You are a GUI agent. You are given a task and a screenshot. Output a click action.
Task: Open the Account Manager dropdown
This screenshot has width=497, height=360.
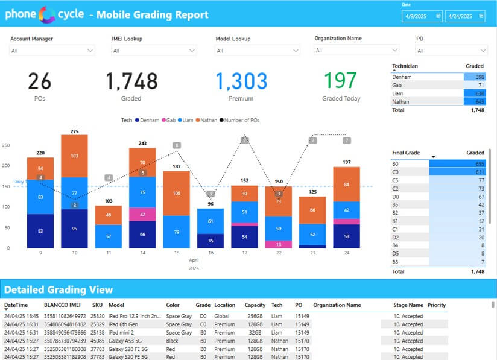point(52,51)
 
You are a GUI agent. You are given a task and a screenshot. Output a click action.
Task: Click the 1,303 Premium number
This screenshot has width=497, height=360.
point(241,81)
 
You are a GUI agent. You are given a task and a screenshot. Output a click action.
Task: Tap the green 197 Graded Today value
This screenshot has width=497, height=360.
point(340,81)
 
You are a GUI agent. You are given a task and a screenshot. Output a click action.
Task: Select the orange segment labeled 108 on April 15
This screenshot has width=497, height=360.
point(177,194)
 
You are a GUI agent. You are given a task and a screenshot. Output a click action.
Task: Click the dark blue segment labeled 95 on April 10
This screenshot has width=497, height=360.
point(74,229)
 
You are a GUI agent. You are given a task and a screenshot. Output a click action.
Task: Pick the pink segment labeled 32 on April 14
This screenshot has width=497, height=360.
point(142,214)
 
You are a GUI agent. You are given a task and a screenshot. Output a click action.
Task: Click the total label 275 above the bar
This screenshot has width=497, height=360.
point(74,131)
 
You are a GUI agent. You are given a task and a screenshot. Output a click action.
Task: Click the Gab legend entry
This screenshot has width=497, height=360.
point(170,121)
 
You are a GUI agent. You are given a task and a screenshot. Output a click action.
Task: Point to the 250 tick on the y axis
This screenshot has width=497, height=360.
point(6,145)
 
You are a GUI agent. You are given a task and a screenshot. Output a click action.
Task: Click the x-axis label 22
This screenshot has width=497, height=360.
point(279,253)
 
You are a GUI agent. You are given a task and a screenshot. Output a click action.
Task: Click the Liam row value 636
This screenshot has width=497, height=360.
point(474,93)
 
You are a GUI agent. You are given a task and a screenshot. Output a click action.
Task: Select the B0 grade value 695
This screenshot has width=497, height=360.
point(474,164)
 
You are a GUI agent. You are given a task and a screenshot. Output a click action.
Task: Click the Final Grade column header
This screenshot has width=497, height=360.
point(406,153)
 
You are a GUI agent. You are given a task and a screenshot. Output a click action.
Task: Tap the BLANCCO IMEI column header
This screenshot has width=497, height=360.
point(64,305)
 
